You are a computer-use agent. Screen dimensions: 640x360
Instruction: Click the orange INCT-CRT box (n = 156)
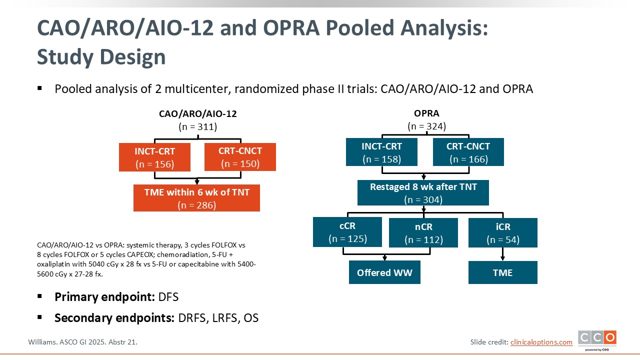tap(154, 157)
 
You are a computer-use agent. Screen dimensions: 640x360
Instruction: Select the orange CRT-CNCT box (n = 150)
tap(240, 157)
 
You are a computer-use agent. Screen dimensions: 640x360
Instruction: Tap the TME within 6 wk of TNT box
tap(196, 198)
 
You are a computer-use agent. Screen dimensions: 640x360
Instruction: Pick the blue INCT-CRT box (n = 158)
tap(381, 152)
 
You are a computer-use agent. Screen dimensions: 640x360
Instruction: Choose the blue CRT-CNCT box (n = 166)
tap(468, 152)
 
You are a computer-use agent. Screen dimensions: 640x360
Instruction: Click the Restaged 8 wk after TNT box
tap(423, 192)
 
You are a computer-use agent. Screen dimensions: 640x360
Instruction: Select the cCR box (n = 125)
tap(347, 232)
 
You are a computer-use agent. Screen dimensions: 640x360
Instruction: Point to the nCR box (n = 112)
tap(423, 232)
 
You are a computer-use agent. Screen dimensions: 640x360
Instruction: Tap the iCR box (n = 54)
tap(503, 232)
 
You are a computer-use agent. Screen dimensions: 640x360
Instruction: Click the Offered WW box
tap(384, 272)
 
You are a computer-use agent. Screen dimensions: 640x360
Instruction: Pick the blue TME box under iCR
tap(503, 272)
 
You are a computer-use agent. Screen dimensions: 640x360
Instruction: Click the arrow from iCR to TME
tap(503, 254)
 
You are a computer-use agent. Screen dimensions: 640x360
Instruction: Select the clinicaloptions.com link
tap(541, 342)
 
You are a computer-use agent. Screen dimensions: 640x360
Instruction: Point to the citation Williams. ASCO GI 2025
tap(82, 342)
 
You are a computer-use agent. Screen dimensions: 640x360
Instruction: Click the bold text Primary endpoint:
tap(104, 297)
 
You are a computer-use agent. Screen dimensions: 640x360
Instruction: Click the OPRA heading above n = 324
tap(426, 113)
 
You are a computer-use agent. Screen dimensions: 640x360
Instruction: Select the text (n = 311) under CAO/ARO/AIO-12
tap(197, 126)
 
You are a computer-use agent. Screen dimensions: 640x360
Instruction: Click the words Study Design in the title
tap(101, 57)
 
